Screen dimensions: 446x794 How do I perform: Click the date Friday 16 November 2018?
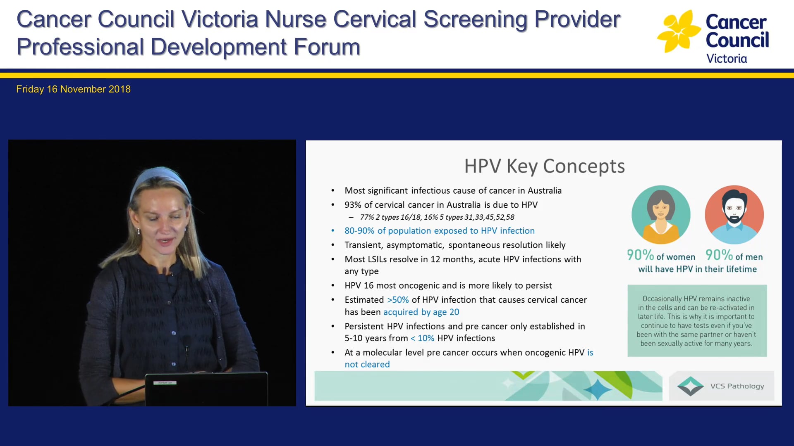tap(73, 89)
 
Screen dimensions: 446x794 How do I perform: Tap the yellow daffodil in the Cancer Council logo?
tap(678, 32)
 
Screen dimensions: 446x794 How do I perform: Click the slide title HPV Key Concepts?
tap(544, 166)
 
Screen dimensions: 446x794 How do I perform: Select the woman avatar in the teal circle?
tap(660, 214)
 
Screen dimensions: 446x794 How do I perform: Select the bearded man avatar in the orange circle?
tap(734, 214)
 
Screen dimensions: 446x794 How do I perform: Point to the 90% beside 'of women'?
tap(640, 255)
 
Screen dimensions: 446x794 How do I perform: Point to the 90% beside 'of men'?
tap(719, 255)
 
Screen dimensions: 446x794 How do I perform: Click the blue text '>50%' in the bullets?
tap(398, 300)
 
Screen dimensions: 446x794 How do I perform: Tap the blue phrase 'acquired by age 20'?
tap(421, 312)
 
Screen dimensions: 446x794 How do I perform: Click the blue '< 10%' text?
tap(422, 338)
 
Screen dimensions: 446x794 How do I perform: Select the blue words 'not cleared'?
tap(367, 365)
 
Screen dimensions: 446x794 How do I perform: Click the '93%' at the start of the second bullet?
tap(353, 205)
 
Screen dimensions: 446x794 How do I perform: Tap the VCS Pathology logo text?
tap(737, 386)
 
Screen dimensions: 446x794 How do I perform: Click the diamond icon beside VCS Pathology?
tap(690, 386)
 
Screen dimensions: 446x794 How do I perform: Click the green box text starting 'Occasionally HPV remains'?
tap(696, 320)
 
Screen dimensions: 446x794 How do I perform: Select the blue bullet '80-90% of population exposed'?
tap(439, 231)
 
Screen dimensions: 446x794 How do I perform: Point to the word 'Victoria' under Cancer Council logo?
tap(726, 59)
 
